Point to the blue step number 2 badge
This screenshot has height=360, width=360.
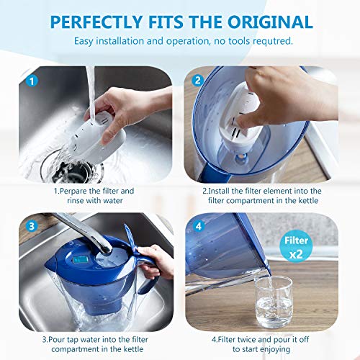[196, 81]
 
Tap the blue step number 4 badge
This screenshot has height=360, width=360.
[196, 225]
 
